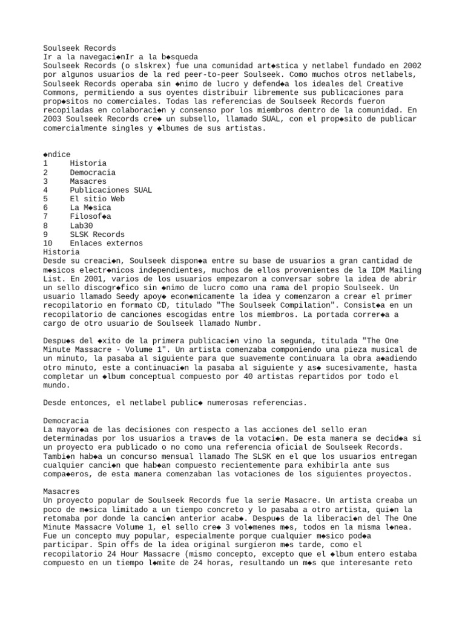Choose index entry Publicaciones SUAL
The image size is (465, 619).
110,190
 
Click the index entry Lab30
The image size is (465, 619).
81,225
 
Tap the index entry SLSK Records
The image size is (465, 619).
97,235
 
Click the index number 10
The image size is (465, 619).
48,244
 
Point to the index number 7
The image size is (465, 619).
45,216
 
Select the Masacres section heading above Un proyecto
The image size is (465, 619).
61,492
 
